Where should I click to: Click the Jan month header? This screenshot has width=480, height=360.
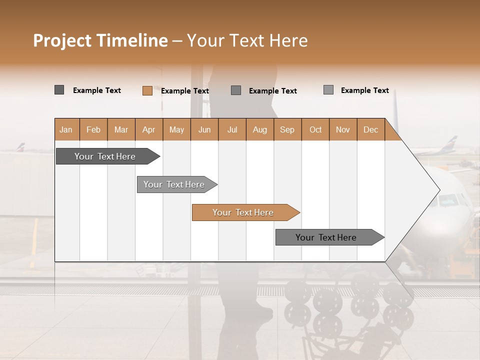[x=66, y=129]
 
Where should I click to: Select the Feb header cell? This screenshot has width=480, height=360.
[x=93, y=129]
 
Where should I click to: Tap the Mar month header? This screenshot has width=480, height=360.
[x=121, y=129]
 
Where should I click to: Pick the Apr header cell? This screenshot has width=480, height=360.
[x=149, y=129]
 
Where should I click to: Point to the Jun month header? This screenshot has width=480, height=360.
[x=204, y=129]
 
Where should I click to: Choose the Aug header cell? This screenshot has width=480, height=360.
[x=260, y=129]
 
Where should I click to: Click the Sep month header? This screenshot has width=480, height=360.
[x=287, y=129]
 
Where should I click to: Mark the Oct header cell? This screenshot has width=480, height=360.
[x=315, y=129]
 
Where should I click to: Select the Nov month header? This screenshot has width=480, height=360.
[x=343, y=129]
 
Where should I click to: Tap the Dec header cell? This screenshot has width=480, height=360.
[x=371, y=129]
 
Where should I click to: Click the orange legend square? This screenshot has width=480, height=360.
[x=147, y=90]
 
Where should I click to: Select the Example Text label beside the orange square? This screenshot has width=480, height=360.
[x=185, y=91]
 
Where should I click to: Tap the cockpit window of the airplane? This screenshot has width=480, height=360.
[x=447, y=201]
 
